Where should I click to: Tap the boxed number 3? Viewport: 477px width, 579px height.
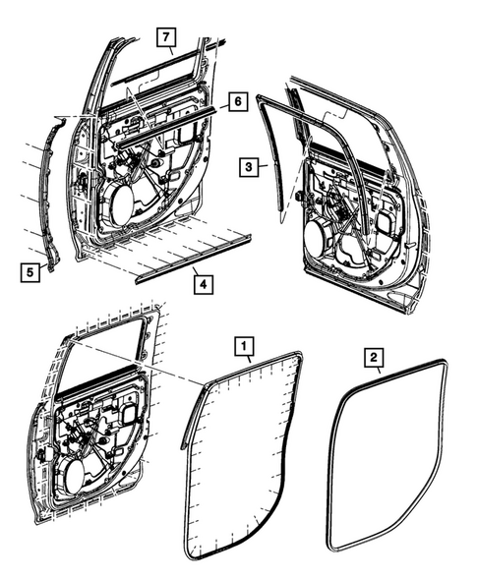tap(250, 168)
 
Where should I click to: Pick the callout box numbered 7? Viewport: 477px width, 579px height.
tap(166, 38)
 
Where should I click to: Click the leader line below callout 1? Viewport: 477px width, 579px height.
tap(246, 361)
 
